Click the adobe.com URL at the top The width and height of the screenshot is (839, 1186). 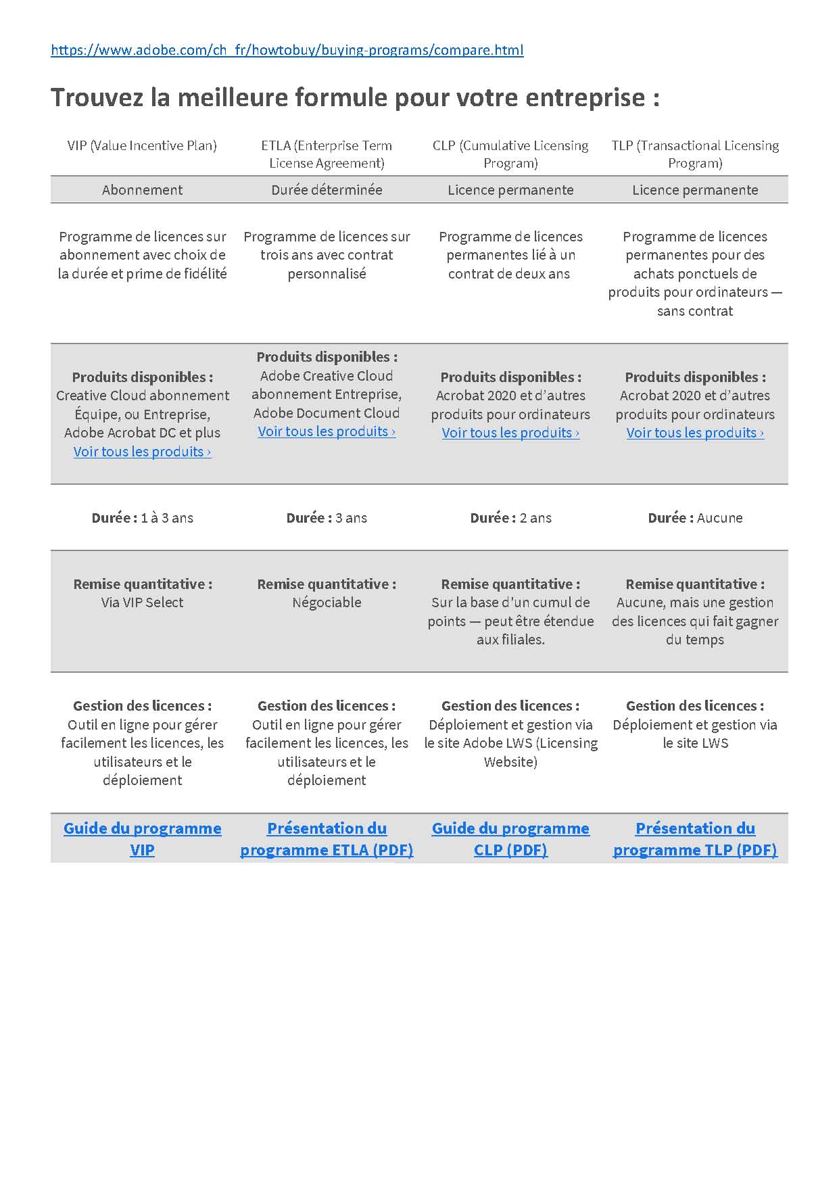287,50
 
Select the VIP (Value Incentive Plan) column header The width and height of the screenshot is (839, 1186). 142,145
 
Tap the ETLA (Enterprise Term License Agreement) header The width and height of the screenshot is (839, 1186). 327,154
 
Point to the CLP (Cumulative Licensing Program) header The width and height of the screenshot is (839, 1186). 510,154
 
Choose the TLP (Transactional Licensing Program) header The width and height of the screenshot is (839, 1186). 695,154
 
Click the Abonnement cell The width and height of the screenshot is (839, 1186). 142,190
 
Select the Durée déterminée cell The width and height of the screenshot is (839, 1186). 327,190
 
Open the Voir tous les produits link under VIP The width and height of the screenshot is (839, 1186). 142,452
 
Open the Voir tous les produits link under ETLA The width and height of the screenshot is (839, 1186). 327,431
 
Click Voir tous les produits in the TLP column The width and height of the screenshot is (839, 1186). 695,433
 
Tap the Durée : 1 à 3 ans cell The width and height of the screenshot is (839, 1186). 142,518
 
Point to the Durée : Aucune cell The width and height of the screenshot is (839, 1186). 695,518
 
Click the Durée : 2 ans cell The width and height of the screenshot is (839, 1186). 510,518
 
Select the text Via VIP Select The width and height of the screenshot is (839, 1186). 142,602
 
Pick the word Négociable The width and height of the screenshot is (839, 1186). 327,602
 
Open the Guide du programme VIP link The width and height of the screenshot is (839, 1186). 142,838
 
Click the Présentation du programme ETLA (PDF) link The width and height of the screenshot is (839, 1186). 327,838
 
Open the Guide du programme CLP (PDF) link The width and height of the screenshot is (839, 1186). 510,838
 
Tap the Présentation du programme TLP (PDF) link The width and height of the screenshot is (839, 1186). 695,838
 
